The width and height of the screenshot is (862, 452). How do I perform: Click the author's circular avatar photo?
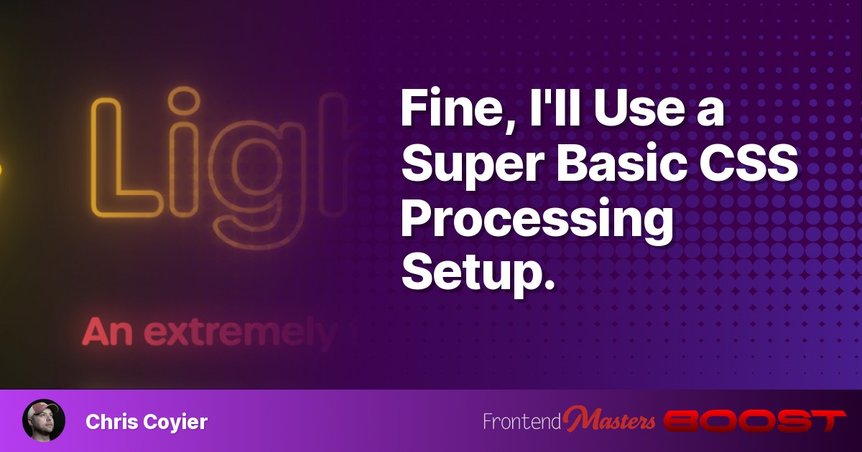pyautogui.click(x=44, y=420)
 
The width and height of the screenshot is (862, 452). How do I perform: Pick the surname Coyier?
pyautogui.click(x=177, y=423)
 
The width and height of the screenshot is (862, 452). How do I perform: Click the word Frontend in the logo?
pyautogui.click(x=522, y=422)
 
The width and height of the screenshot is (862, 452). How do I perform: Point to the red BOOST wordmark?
pyautogui.click(x=754, y=421)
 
